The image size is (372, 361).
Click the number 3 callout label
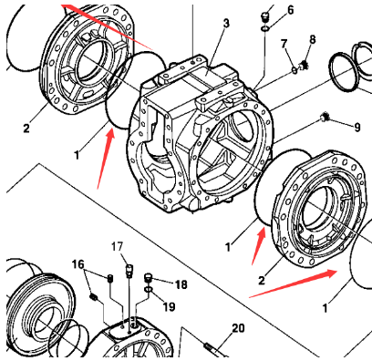click(x=226, y=22)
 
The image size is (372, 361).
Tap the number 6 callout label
click(x=290, y=10)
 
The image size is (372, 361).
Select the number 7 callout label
click(x=284, y=44)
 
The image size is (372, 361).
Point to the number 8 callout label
click(x=312, y=39)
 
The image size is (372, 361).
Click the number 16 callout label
click(x=78, y=263)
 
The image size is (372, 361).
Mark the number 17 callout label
click(x=117, y=246)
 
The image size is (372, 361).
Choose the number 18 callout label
click(x=181, y=284)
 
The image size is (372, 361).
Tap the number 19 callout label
click(x=169, y=306)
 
